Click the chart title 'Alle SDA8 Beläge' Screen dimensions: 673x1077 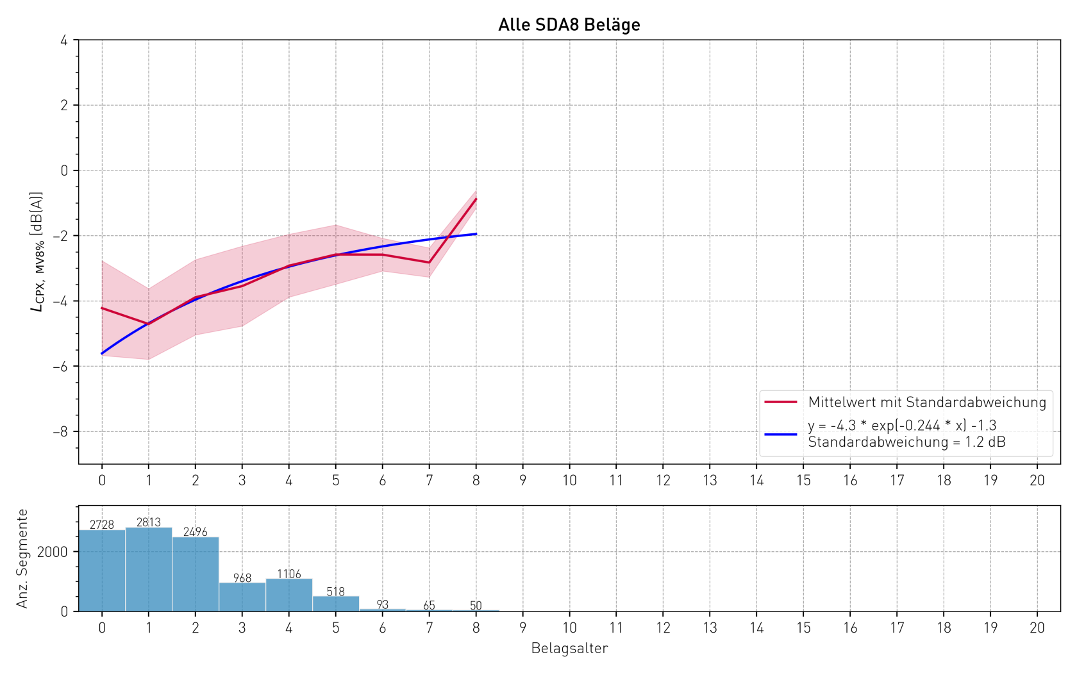coord(569,25)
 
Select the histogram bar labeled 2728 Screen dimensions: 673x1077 coord(102,570)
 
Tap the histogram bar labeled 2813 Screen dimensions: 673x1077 coord(149,569)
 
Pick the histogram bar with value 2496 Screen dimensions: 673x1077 coord(196,574)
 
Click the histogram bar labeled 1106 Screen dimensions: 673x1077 coord(289,595)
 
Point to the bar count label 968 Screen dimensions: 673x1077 coord(242,578)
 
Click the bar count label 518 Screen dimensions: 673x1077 coord(336,592)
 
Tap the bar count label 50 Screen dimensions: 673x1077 coord(476,606)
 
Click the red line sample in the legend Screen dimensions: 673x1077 coord(780,402)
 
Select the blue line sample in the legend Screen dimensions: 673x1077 coord(780,434)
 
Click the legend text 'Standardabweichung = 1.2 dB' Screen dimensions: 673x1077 coord(906,442)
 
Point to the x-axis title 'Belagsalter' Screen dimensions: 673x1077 coord(569,649)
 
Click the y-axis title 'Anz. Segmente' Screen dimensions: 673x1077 coord(22,558)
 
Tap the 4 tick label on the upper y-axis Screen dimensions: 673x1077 coord(64,40)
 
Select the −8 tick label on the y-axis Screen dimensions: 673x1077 coord(60,432)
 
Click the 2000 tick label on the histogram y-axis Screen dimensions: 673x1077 coord(52,552)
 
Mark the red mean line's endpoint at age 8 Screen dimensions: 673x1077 coord(476,199)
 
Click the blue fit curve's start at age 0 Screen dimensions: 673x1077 coord(102,353)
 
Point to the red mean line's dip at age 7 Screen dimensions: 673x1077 coord(430,262)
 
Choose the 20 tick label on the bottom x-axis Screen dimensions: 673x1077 coord(1037,628)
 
